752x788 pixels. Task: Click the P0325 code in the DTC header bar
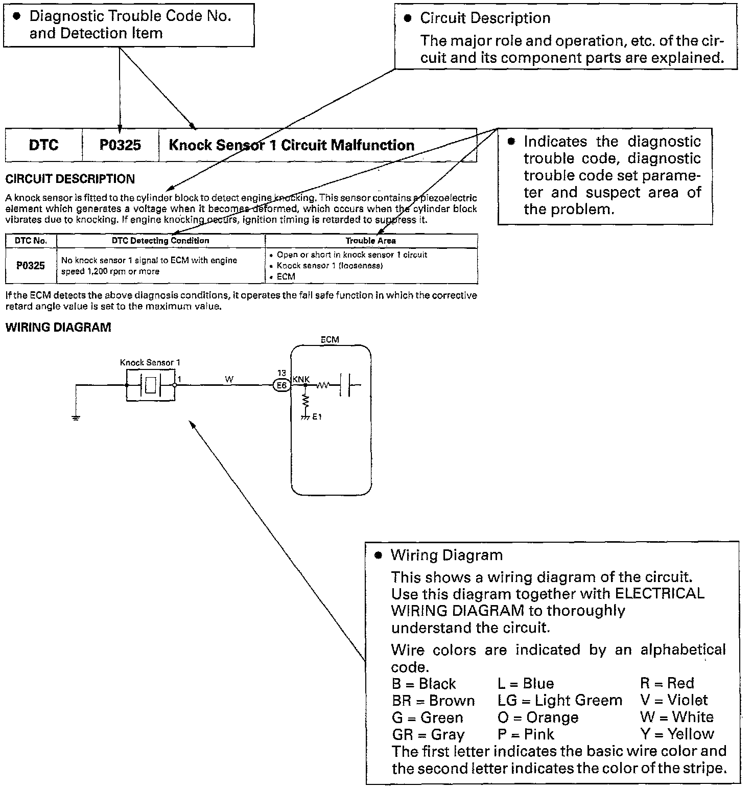(120, 145)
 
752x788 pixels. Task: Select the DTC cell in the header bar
(43, 145)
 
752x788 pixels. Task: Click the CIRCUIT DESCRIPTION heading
(70, 179)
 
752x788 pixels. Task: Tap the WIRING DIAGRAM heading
(58, 328)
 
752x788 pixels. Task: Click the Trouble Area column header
(370, 241)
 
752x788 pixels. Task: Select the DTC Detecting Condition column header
(160, 241)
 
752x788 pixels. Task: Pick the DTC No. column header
(31, 241)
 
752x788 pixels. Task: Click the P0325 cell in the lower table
(31, 266)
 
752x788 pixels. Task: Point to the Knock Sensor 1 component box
(151, 385)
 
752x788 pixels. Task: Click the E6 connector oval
(281, 386)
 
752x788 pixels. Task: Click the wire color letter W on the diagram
(229, 379)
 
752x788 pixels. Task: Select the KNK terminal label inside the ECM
(301, 379)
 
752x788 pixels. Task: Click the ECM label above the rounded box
(330, 339)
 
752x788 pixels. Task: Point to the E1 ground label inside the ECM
(317, 416)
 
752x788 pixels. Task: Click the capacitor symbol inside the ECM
(346, 385)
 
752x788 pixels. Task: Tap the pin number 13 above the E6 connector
(281, 373)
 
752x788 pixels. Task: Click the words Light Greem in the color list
(579, 700)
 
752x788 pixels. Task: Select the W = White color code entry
(677, 717)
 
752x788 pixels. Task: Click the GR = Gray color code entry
(428, 734)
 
